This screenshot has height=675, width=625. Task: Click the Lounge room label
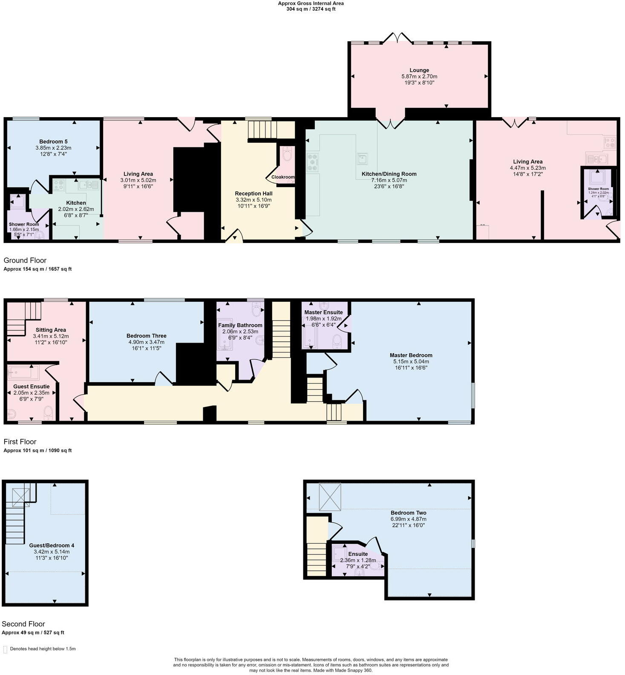point(419,70)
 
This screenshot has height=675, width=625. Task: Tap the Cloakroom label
point(283,177)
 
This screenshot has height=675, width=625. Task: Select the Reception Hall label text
point(253,193)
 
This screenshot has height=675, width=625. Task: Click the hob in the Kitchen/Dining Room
point(313,162)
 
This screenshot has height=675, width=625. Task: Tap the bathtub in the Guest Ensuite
point(24,372)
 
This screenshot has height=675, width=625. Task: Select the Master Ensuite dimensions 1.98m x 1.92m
point(323,318)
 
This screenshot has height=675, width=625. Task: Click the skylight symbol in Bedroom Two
point(331,496)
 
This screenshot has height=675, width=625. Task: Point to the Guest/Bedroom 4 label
point(52,545)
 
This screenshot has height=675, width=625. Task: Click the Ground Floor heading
point(25,260)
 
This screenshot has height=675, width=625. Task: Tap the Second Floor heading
point(23,624)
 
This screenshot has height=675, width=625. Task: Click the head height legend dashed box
point(5,649)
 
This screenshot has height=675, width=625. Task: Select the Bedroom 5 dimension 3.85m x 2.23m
point(53,148)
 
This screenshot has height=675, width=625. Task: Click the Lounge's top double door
point(397,38)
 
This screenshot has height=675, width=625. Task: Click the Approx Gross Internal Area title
point(311,3)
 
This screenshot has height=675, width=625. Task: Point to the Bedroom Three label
point(146,336)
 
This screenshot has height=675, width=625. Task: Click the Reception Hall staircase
point(262,130)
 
